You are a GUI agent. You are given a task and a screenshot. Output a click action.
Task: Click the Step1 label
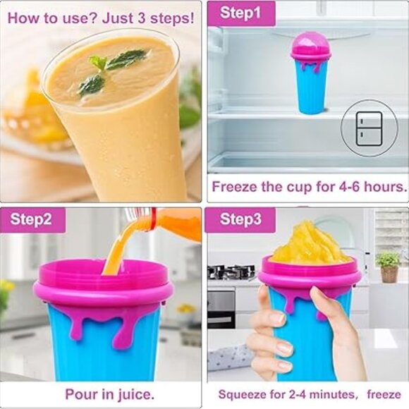240,13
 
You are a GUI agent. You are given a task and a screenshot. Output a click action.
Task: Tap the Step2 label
31,219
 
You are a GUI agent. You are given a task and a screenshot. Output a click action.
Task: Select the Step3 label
240,219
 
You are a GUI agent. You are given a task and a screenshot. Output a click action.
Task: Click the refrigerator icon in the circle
369,128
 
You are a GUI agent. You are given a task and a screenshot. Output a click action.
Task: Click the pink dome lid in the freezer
310,46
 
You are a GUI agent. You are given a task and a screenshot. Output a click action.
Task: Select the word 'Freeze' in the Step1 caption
236,188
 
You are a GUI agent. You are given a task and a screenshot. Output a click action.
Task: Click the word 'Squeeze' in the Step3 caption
244,394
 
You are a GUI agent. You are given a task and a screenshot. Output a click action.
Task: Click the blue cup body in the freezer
311,88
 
